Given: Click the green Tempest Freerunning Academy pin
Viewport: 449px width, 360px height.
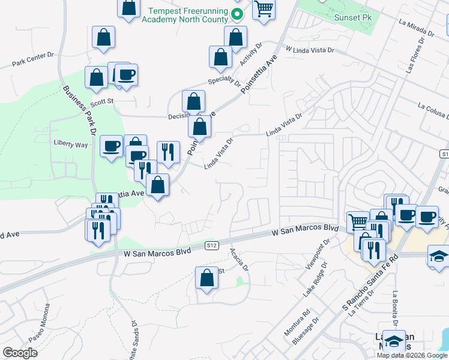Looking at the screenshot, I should click(x=237, y=15).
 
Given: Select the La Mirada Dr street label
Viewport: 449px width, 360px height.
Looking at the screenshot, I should click(x=415, y=28).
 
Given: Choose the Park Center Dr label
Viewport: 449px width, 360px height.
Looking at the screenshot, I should click(x=33, y=61).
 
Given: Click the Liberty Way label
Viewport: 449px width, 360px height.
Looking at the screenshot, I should click(x=71, y=145).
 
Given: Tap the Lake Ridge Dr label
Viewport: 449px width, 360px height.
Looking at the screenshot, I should click(x=315, y=280).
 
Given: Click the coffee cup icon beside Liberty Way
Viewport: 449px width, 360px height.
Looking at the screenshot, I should click(x=112, y=146).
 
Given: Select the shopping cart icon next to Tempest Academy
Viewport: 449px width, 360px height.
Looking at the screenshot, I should click(x=264, y=10).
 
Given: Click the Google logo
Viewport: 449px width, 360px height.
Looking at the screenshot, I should click(x=20, y=353).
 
